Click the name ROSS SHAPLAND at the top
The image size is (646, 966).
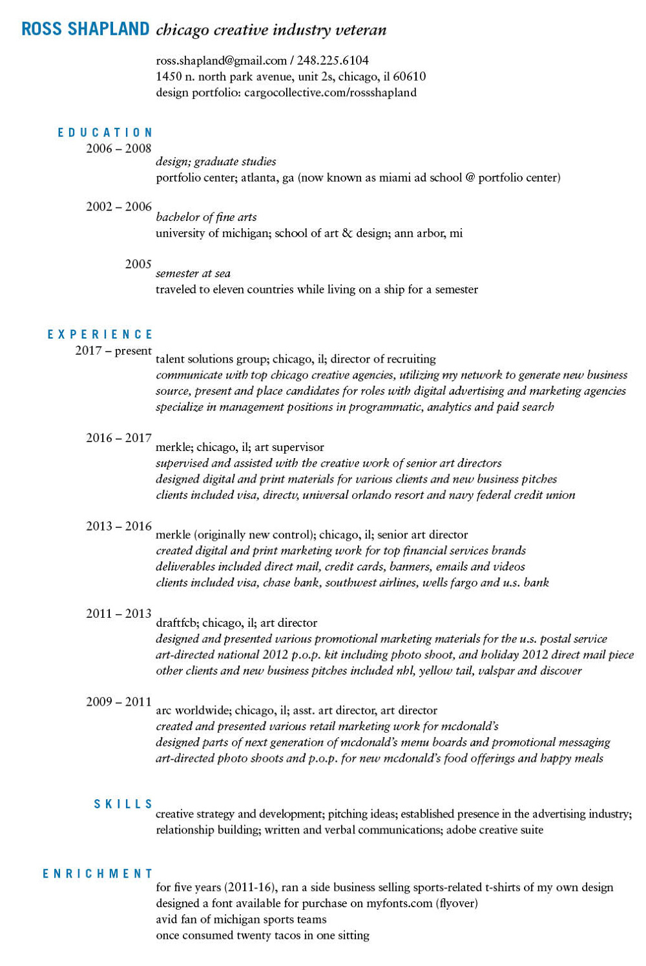coord(85,29)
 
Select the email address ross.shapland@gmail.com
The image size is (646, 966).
coord(221,61)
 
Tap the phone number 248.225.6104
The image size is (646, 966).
coord(333,61)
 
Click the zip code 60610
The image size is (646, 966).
coord(410,77)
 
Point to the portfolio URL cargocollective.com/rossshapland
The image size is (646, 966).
coord(330,93)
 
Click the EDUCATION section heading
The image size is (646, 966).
coord(105,132)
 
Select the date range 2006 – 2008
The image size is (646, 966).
coord(119,149)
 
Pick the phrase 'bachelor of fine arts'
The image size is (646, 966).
coord(206,217)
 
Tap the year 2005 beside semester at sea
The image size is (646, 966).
coord(138,264)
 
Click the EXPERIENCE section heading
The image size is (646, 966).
coord(100,335)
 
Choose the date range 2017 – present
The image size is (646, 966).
coord(114,351)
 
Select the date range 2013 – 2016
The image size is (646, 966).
coord(119,527)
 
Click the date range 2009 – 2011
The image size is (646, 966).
coord(119,702)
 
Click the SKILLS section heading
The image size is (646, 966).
coord(123,804)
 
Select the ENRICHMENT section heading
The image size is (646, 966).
coord(98,874)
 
